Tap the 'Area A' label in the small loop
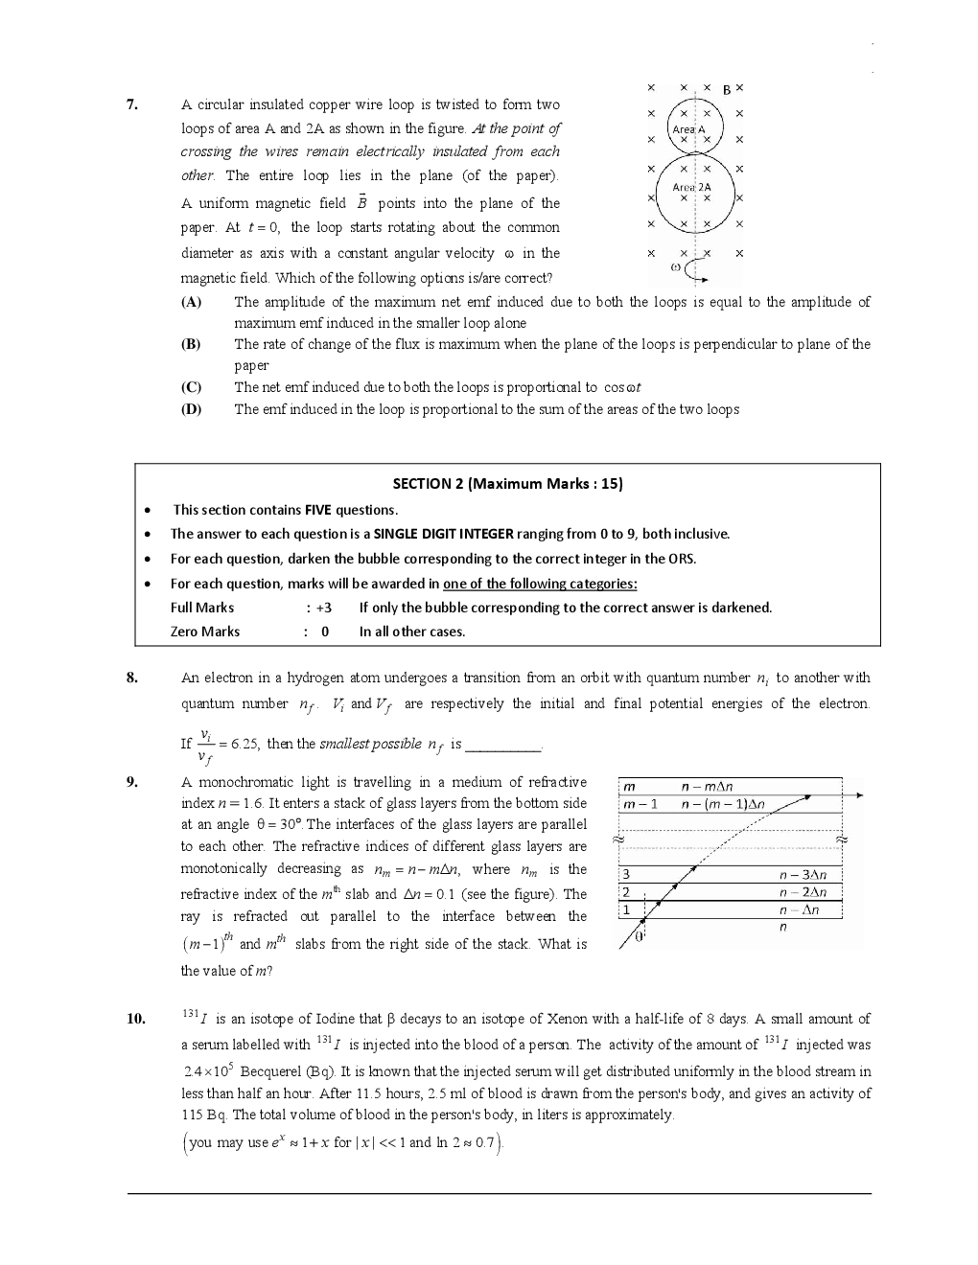point(688,129)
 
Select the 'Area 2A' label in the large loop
point(691,188)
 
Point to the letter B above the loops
point(727,90)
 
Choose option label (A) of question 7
point(191,302)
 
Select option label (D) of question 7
point(191,409)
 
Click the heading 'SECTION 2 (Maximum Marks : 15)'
point(507,484)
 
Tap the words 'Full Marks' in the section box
point(202,608)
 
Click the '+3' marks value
point(322,608)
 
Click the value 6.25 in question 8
point(244,745)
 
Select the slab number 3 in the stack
point(626,874)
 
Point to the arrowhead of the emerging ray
point(859,795)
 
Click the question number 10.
point(135,1019)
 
